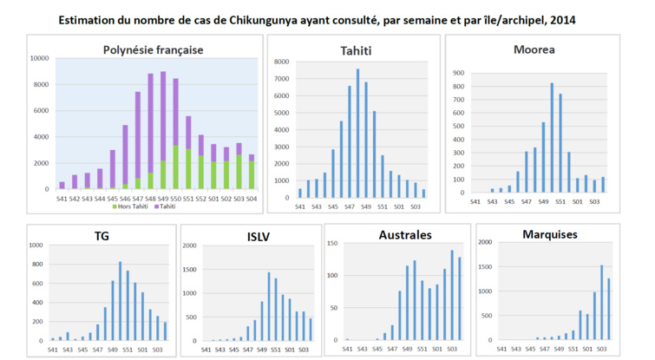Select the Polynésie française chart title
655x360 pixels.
click(x=153, y=49)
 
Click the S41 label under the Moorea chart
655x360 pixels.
click(x=474, y=201)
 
